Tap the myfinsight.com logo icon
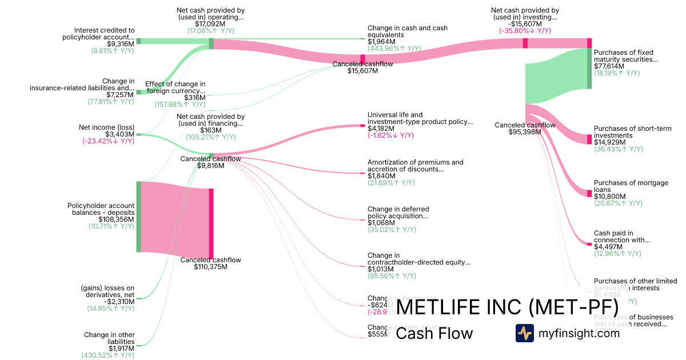524,333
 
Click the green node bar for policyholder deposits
138,217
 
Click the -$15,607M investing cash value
525,24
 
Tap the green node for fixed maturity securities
589,69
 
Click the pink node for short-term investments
589,139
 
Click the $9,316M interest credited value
121,43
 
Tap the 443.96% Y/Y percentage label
394,49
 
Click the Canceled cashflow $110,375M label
210,263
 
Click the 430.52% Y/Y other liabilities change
107,355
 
